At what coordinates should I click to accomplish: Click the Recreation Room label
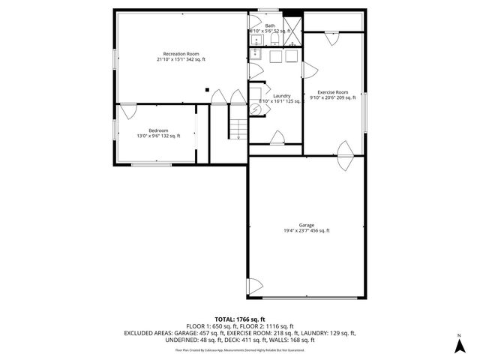[181, 53]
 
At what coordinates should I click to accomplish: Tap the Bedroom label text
[157, 130]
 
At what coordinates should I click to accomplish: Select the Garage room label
[306, 225]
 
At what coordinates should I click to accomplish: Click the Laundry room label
[281, 95]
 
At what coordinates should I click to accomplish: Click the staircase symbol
[238, 129]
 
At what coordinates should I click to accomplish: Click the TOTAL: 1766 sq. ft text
[240, 319]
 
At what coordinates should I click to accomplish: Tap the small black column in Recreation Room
[208, 89]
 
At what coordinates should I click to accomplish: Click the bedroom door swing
[127, 111]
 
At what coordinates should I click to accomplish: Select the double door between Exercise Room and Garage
[344, 151]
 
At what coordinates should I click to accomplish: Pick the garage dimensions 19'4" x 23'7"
[306, 230]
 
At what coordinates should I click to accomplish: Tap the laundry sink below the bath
[256, 54]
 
